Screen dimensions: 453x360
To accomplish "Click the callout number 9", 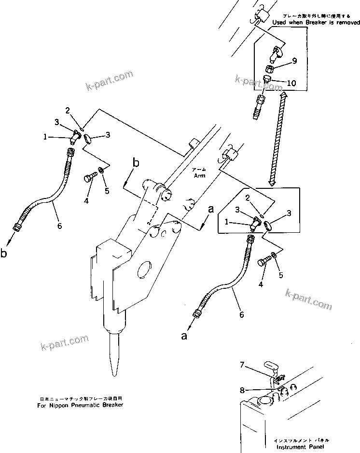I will tap(294, 61).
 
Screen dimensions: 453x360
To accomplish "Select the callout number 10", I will tap(291, 83).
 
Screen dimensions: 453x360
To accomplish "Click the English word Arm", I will tap(199, 176).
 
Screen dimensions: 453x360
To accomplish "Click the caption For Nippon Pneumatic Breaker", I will tap(80, 405).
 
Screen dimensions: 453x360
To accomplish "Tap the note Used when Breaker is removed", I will tap(316, 23).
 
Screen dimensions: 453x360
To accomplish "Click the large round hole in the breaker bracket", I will tap(145, 269).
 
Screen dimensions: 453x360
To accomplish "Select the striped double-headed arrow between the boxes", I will tap(277, 140).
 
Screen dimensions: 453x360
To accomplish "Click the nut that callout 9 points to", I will tap(271, 69).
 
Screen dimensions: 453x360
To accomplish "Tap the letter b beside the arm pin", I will tap(136, 163).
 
